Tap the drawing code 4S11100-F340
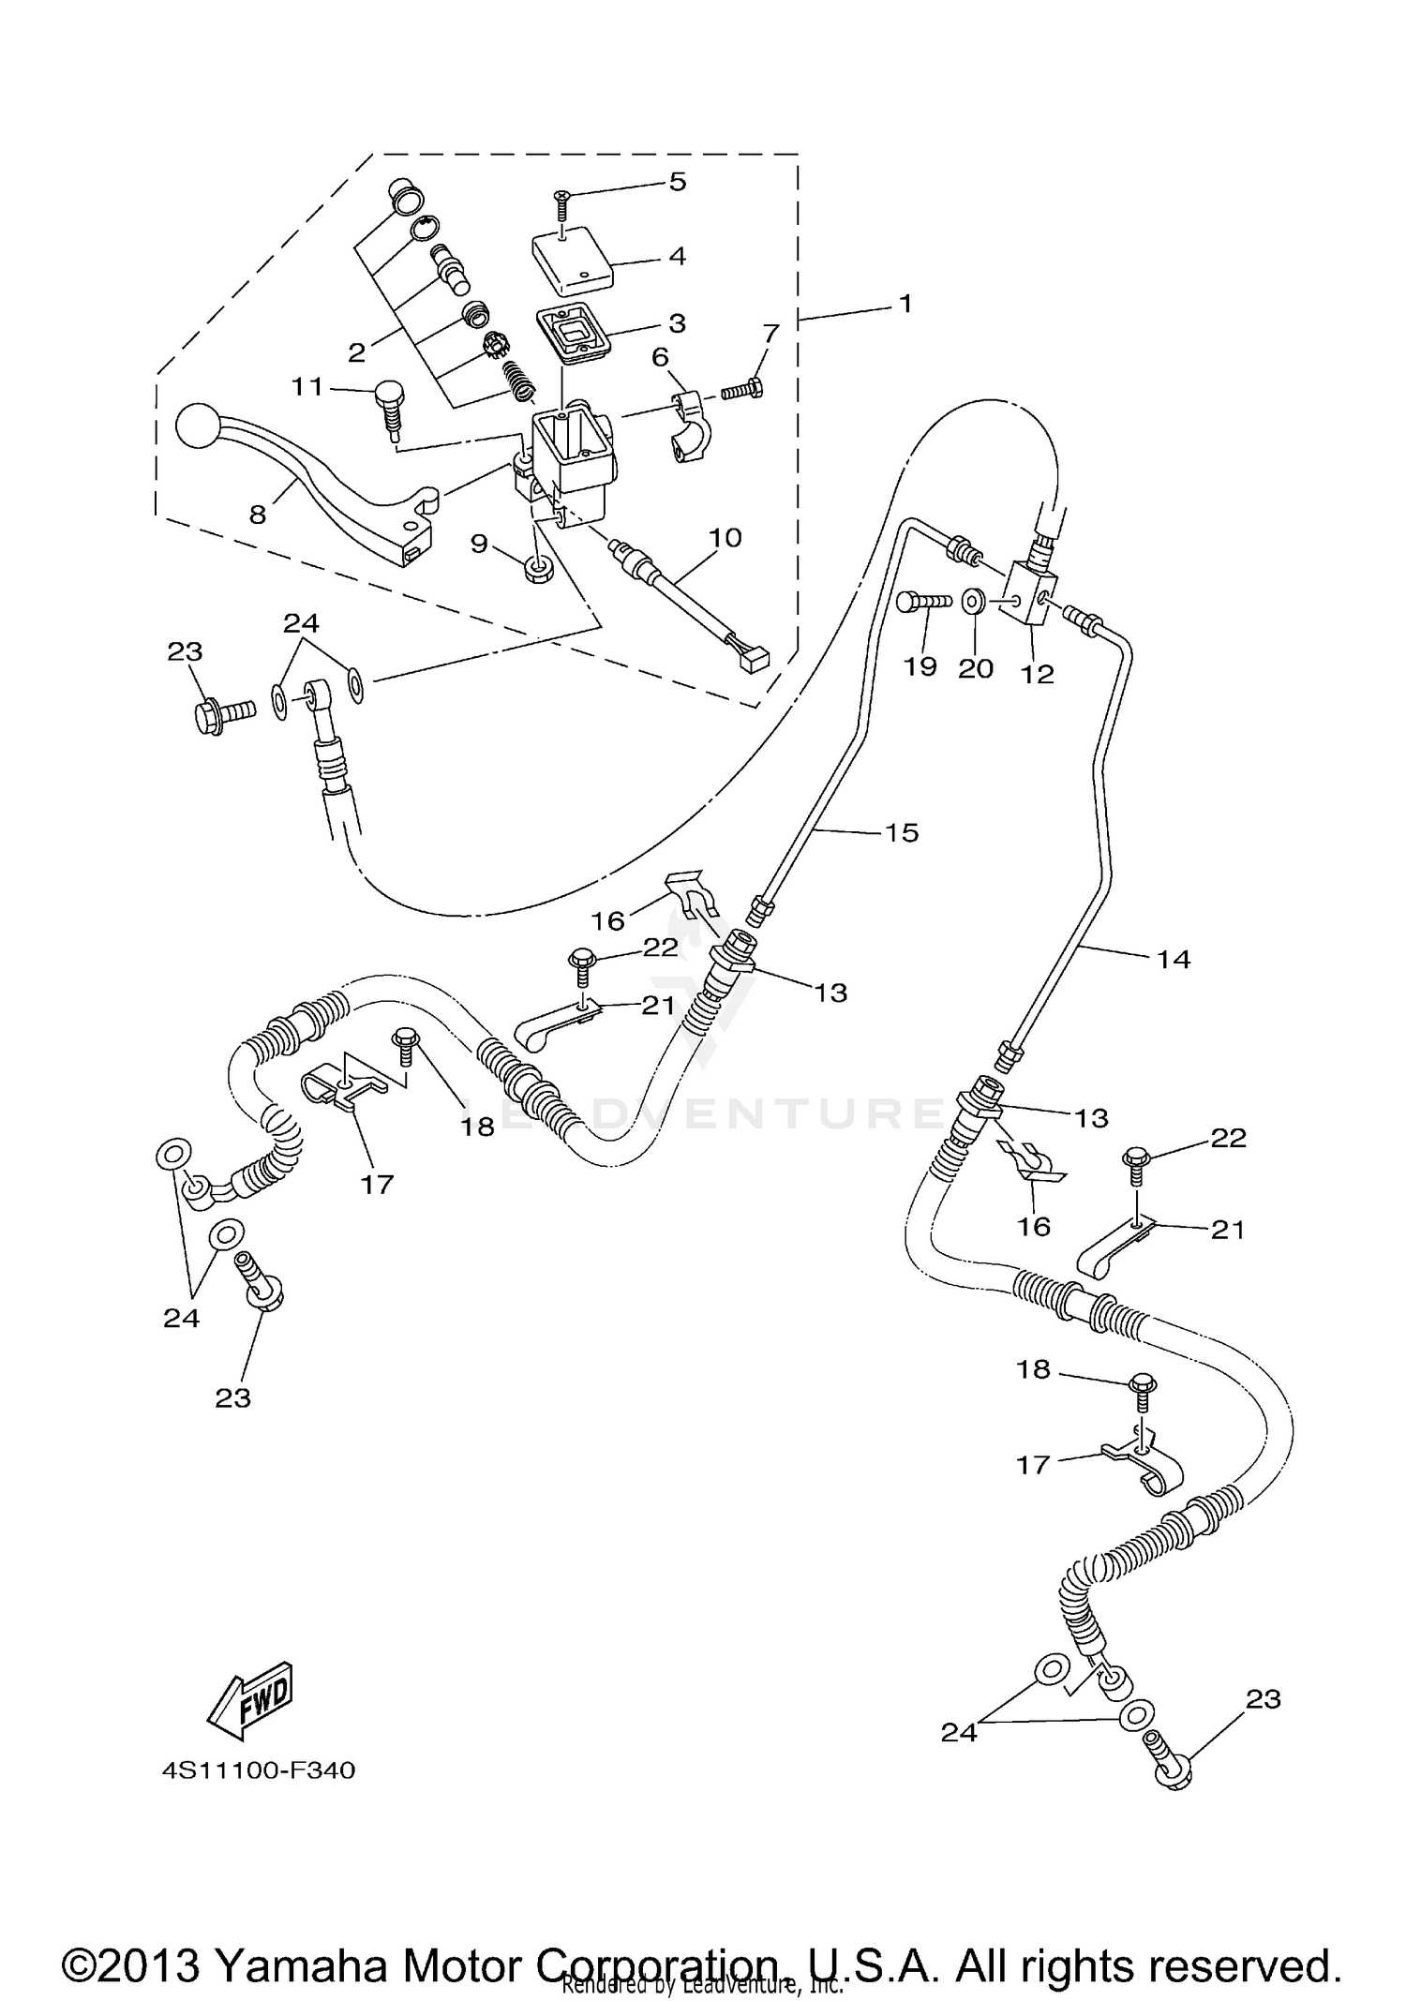tap(260, 1770)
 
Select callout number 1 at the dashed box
tap(905, 304)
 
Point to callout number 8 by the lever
tap(258, 514)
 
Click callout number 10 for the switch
tap(725, 538)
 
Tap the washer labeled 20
tap(973, 601)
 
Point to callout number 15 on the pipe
tap(902, 832)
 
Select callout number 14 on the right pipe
tap(1174, 959)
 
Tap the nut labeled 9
tap(539, 570)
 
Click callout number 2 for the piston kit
tap(356, 353)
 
